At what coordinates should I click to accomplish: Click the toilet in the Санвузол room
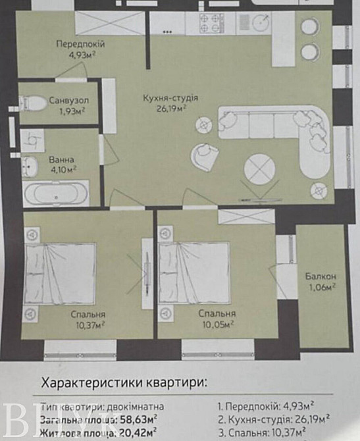(32, 103)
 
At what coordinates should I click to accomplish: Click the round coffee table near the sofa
(258, 169)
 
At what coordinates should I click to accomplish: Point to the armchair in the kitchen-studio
(205, 155)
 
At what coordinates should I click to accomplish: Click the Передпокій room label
(80, 44)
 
